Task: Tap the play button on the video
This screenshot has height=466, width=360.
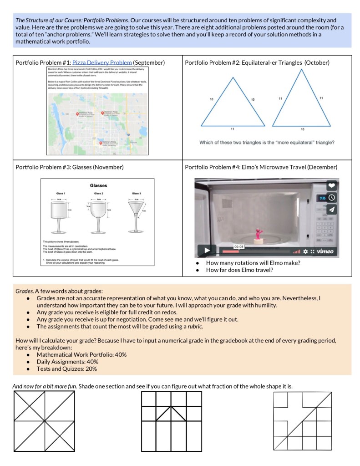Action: [x=207, y=250]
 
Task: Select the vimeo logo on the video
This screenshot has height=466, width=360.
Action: [x=325, y=251]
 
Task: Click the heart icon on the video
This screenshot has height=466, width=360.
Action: [x=331, y=186]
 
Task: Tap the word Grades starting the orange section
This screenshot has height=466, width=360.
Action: [x=25, y=290]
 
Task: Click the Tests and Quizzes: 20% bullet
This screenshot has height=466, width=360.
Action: [x=66, y=369]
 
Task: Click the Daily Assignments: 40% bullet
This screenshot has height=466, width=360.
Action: [x=67, y=362]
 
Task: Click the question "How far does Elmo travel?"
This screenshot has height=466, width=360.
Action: [x=239, y=270]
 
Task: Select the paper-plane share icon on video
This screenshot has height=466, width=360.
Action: [x=331, y=209]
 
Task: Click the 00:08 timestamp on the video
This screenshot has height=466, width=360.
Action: [x=239, y=246]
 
